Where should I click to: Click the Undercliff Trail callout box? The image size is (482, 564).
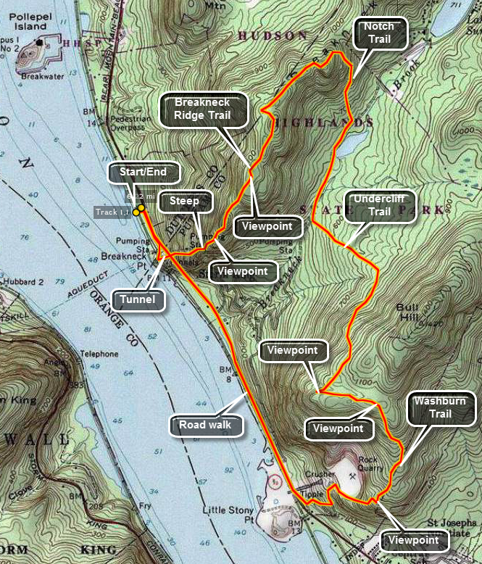tap(380, 206)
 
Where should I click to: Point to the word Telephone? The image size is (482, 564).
tap(99, 354)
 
